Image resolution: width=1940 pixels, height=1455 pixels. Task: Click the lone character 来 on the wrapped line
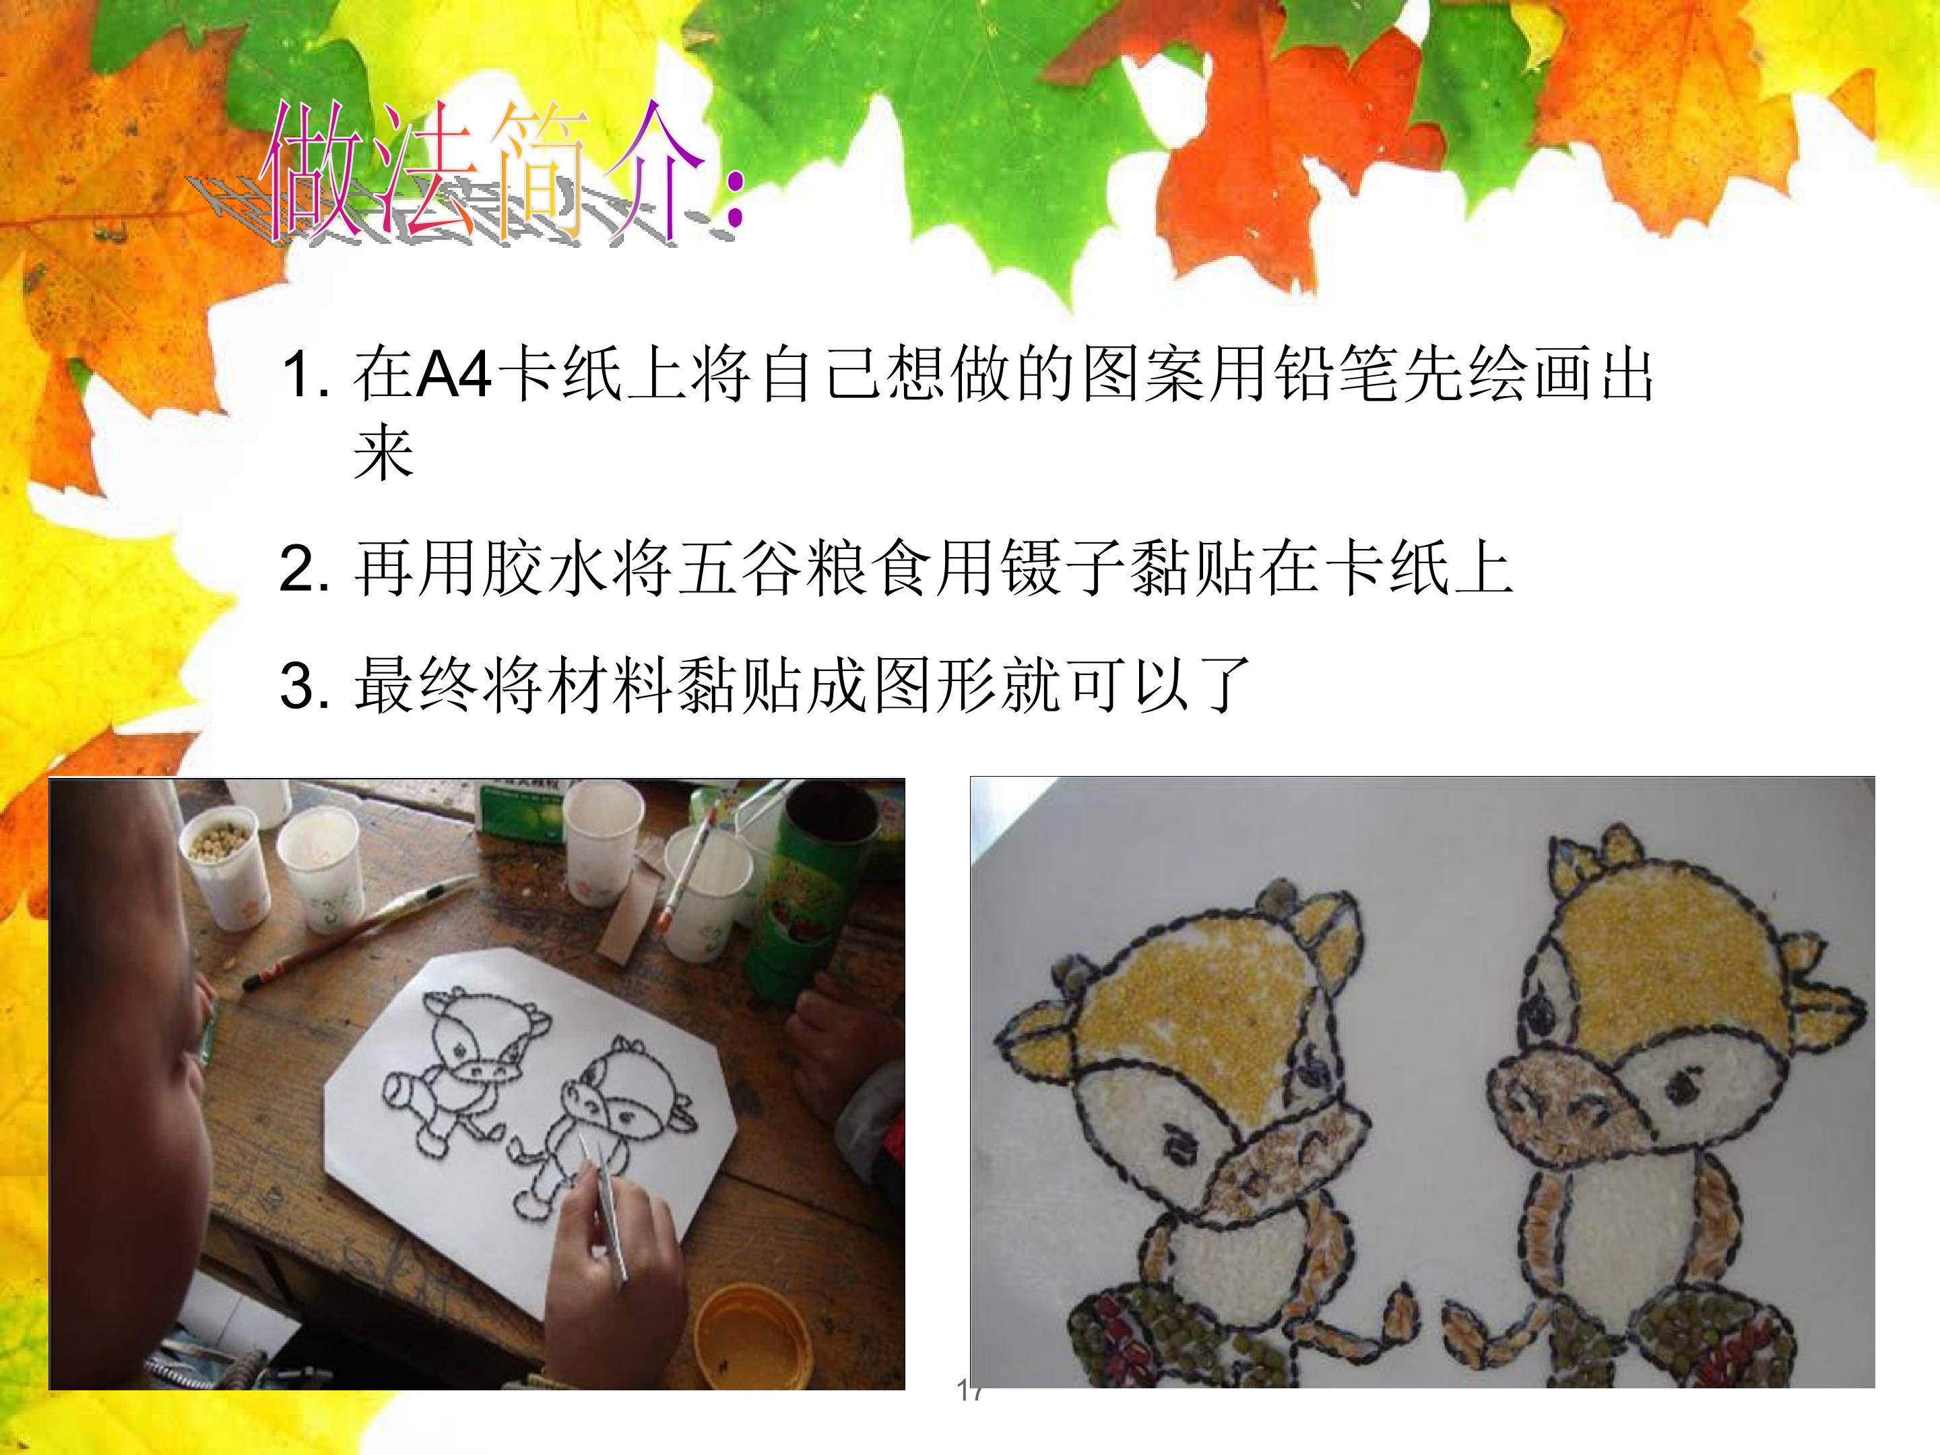coord(383,453)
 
